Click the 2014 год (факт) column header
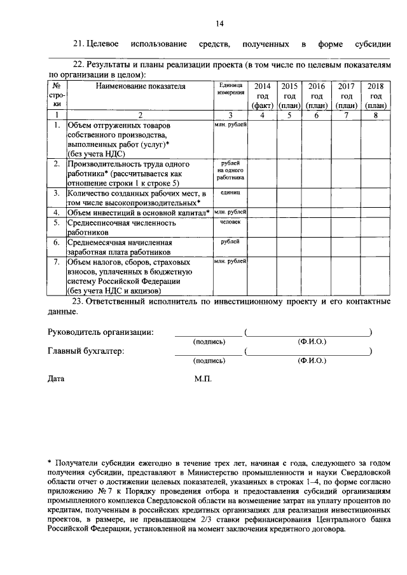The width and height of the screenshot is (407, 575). coord(262,95)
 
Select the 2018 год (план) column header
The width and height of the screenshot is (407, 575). coord(376,95)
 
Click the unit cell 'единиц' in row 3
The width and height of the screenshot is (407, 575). coord(230,191)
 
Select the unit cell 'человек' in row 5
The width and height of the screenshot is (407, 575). coord(230,223)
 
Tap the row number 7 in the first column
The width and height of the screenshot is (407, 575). coord(57,262)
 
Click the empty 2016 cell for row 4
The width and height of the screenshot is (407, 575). coord(317,212)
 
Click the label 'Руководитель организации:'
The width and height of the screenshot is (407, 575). coord(100,332)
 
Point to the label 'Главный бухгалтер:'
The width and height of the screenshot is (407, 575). coord(86,351)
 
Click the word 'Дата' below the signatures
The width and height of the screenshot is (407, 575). coord(57,379)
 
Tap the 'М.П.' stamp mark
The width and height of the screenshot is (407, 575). coord(203,379)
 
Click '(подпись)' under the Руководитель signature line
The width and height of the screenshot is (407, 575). coord(209,342)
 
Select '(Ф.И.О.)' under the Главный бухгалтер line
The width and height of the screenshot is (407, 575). coord(312,361)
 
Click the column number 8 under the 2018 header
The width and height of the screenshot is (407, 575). coord(376,115)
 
